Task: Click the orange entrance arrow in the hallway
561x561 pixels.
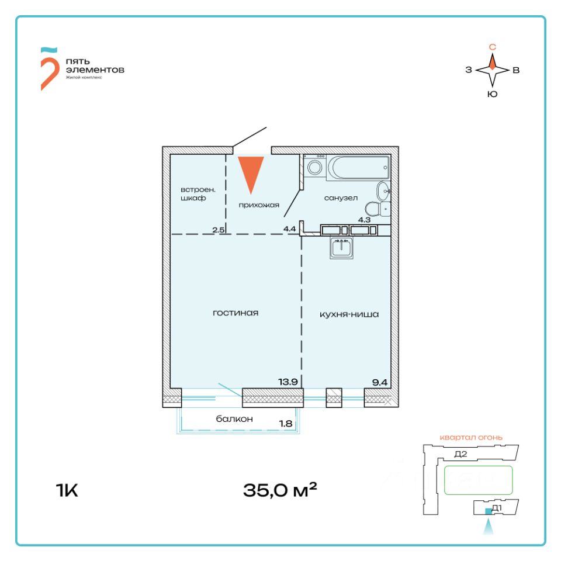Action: tap(251, 173)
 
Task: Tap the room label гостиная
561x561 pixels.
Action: tap(236, 313)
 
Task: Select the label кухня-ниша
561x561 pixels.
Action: tap(349, 314)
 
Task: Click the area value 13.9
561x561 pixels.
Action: tap(288, 382)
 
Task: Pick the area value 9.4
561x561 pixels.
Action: tap(379, 382)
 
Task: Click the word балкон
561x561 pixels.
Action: tap(234, 419)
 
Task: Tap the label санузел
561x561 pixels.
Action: tap(341, 198)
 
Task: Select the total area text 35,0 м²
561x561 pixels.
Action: tap(280, 490)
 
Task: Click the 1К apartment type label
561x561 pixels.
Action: tap(67, 490)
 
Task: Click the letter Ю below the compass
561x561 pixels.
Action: tap(492, 94)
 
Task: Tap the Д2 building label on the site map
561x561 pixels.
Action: tap(460, 454)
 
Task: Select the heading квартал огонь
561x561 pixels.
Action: tap(471, 437)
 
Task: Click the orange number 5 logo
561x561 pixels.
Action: tap(49, 68)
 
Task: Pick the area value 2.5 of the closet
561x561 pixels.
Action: tap(219, 230)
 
